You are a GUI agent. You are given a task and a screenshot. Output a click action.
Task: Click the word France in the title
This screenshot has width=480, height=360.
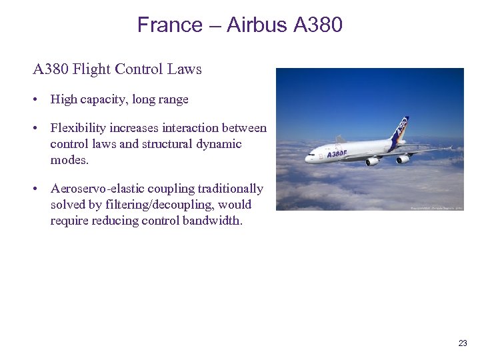click(x=170, y=25)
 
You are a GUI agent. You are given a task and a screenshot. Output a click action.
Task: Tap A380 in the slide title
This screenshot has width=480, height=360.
click(x=317, y=25)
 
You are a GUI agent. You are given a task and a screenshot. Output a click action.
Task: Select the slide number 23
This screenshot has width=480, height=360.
click(x=463, y=343)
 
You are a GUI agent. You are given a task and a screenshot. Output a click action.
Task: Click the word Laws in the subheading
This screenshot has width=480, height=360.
click(x=186, y=69)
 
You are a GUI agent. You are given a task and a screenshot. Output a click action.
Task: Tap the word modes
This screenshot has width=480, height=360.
click(x=69, y=160)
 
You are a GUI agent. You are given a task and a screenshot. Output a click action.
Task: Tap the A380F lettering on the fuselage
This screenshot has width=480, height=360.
click(x=337, y=153)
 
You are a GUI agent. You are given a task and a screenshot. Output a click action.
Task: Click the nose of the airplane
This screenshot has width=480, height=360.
click(x=307, y=159)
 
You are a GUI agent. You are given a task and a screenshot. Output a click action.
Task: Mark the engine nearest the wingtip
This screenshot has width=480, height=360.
click(x=402, y=159)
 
